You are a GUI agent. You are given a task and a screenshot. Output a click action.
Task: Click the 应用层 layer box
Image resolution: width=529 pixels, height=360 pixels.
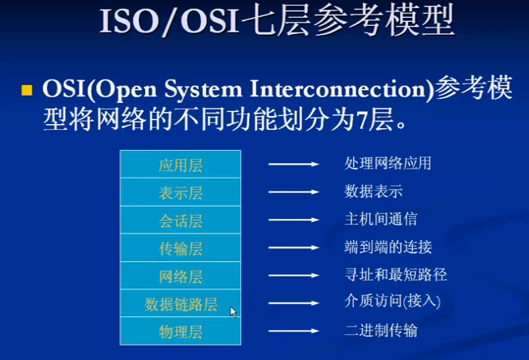(x=180, y=164)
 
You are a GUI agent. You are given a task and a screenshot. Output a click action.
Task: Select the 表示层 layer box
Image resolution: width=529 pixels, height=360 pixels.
(x=180, y=192)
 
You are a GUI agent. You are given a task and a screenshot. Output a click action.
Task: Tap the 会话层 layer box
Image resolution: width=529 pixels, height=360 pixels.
(x=180, y=220)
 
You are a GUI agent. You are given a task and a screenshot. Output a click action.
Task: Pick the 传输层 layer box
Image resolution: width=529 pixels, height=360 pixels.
(x=180, y=248)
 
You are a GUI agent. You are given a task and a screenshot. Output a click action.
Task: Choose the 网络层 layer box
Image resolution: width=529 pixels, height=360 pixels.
(x=180, y=276)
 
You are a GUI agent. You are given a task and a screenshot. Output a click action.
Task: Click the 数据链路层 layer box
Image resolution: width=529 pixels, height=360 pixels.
(x=180, y=303)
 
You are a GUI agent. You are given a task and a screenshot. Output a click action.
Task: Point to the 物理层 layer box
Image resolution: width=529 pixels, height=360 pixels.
(x=180, y=331)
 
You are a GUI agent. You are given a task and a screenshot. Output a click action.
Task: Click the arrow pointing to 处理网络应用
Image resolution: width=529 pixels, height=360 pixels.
(x=294, y=164)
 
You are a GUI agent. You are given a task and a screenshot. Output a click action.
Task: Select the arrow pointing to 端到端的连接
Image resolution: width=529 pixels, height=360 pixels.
(x=294, y=248)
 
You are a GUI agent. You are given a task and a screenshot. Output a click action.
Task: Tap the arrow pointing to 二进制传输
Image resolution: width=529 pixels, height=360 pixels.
(x=294, y=331)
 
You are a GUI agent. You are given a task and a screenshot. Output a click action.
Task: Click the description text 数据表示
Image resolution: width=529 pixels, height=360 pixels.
(x=373, y=191)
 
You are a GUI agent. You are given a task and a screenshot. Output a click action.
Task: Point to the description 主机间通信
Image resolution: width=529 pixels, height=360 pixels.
(x=381, y=219)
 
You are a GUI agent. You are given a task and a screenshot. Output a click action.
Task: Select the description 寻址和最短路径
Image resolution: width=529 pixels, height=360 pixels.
(x=396, y=275)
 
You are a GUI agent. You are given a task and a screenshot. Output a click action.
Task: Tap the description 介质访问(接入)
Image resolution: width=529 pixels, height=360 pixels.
(x=393, y=301)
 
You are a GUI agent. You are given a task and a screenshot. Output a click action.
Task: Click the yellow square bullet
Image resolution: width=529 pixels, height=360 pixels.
(x=27, y=90)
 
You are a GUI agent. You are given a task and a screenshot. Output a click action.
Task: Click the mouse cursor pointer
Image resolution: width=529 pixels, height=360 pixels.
(x=233, y=312)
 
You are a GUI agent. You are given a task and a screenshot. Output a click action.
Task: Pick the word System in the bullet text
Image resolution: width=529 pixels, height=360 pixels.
(x=203, y=89)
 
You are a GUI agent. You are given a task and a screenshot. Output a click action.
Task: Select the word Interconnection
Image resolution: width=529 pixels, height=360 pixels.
(x=338, y=89)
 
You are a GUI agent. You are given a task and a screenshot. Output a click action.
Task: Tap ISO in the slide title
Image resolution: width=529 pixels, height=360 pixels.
(x=129, y=22)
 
